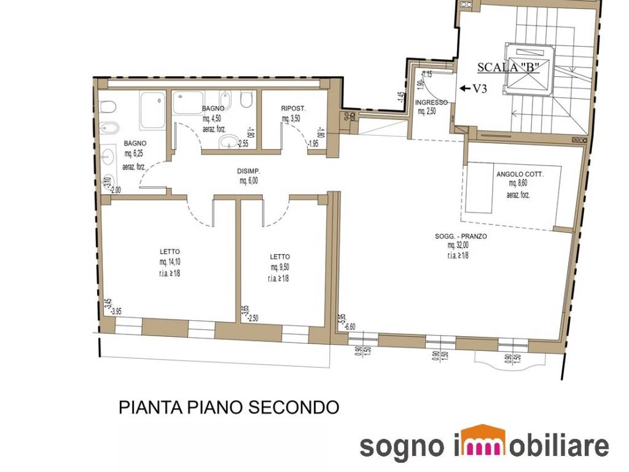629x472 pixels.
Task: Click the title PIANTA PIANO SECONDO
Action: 229,407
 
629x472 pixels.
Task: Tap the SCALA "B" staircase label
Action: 509,68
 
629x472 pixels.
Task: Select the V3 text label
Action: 480,88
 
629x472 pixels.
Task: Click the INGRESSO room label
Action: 431,103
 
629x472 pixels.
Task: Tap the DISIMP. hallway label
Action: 249,172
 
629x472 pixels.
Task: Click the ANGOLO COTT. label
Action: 520,174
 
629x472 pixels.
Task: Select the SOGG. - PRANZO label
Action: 461,235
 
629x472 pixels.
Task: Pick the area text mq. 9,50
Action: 279,267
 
